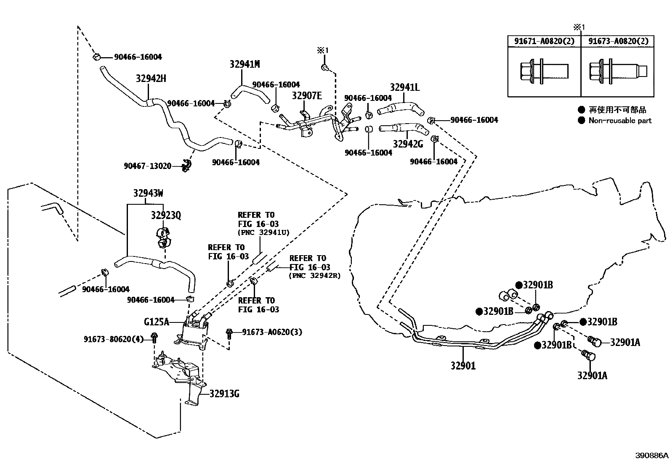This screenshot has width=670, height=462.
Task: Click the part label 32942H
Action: click(x=151, y=79)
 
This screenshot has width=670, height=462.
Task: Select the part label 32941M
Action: click(x=245, y=64)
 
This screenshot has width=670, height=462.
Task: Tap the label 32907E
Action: click(x=307, y=96)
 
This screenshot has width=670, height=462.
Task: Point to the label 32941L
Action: click(x=405, y=87)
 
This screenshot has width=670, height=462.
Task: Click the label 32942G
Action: click(x=408, y=144)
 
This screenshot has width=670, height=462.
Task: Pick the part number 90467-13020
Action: click(x=147, y=166)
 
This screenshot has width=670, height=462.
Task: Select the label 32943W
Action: click(x=148, y=193)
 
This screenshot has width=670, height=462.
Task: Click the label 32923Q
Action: click(x=166, y=215)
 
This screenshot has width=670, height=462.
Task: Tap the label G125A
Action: click(x=157, y=322)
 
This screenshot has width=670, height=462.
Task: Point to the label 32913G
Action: click(x=224, y=394)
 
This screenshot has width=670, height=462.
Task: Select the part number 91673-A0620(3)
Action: click(x=272, y=332)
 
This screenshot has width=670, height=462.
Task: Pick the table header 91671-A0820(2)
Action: click(x=544, y=41)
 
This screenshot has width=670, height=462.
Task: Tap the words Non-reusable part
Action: click(x=619, y=121)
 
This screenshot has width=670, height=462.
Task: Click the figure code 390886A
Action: click(x=651, y=455)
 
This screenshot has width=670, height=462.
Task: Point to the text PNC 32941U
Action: click(x=263, y=233)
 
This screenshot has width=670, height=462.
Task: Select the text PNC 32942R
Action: click(x=315, y=276)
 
